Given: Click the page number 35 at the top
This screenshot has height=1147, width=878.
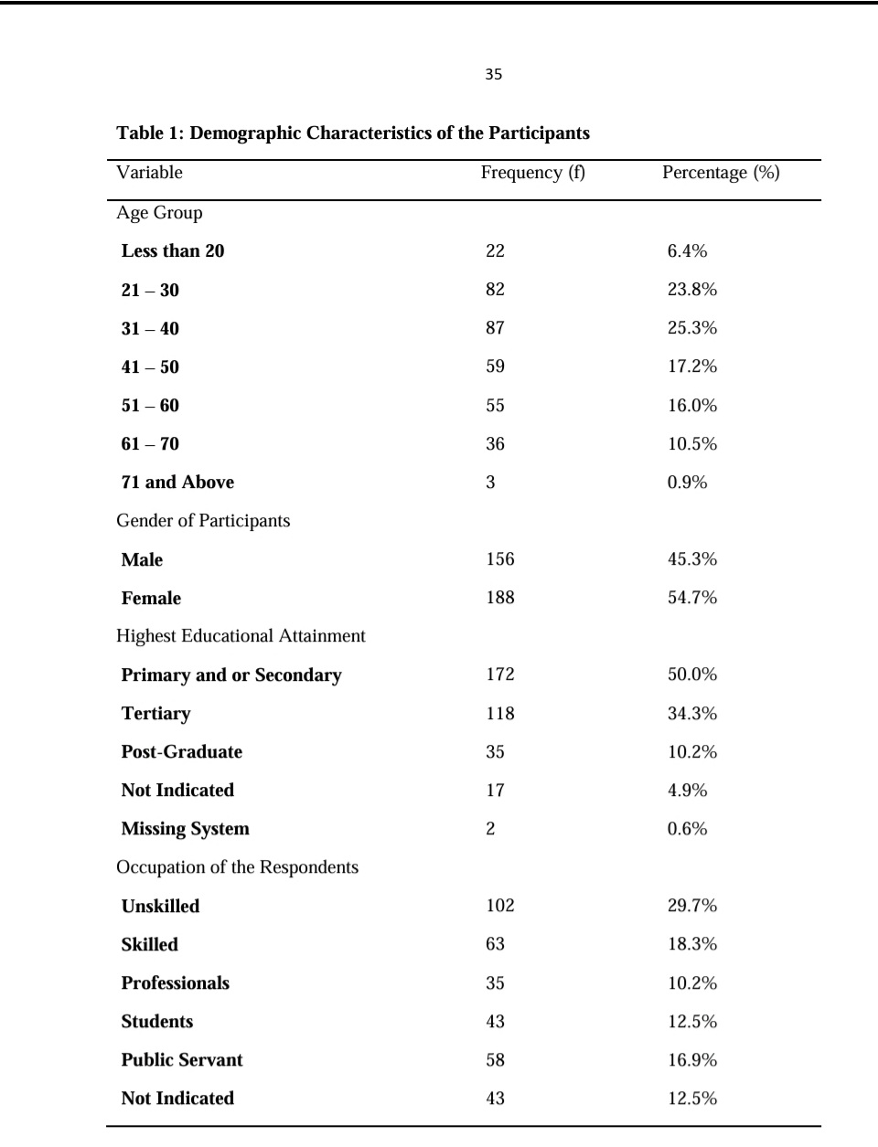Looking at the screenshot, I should (494, 75).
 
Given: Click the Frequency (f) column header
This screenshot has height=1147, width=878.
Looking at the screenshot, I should (532, 173).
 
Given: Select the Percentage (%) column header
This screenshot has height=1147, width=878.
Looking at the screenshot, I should (721, 173).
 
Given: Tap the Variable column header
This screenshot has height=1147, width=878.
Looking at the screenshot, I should (149, 173).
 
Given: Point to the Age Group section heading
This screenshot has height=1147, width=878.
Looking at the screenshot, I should (159, 213).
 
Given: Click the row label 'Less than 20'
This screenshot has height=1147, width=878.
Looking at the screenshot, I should (173, 251).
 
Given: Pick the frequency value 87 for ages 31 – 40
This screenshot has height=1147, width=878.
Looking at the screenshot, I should (495, 328).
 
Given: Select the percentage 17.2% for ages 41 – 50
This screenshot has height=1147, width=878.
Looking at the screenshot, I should (692, 366).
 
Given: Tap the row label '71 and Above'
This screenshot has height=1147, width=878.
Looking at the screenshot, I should (177, 483).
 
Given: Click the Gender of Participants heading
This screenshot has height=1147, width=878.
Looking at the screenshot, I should (203, 521).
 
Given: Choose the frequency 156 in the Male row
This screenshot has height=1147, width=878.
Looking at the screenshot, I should (500, 559).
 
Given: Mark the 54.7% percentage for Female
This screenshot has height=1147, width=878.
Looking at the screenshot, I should (692, 598).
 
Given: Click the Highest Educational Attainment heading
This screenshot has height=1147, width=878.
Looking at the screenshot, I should (241, 636).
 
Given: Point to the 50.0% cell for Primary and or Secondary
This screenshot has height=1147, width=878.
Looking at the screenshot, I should (692, 674).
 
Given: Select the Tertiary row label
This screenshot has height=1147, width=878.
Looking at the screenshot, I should (155, 714).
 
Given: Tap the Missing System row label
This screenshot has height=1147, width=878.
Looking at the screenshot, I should (185, 829).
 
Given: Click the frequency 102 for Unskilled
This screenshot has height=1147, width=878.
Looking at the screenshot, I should (500, 906).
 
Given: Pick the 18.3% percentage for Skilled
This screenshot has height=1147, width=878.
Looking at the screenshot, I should (692, 944).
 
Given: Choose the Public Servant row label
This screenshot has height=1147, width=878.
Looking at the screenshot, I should (182, 1060).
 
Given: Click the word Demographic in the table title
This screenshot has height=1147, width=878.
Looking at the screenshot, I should (245, 133).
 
